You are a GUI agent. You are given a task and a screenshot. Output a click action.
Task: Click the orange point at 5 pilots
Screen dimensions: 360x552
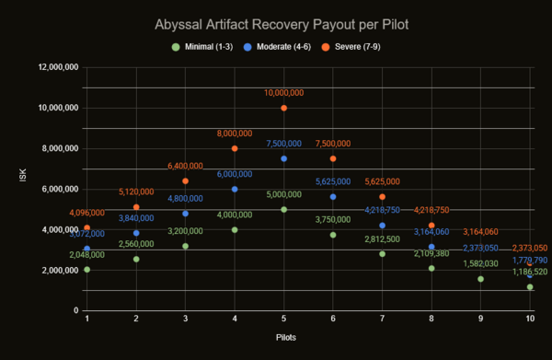(284, 108)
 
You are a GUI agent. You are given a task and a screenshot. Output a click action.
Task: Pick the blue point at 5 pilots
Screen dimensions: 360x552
(284, 158)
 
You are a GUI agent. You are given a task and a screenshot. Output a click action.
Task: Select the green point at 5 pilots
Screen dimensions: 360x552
(284, 209)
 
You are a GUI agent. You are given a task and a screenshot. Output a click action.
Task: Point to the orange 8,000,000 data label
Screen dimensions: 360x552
(235, 134)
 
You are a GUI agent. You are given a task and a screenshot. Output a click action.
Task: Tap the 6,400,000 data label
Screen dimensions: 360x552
(186, 166)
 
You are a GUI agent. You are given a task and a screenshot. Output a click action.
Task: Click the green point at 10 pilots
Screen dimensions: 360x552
(530, 286)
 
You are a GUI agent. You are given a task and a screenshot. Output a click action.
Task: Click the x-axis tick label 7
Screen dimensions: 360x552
(382, 319)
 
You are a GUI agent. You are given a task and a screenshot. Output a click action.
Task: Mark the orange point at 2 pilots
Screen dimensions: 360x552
(136, 207)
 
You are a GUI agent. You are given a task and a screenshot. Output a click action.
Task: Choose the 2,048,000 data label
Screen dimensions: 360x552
(87, 255)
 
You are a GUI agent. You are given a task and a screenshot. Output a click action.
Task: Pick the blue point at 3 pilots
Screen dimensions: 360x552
(186, 214)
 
